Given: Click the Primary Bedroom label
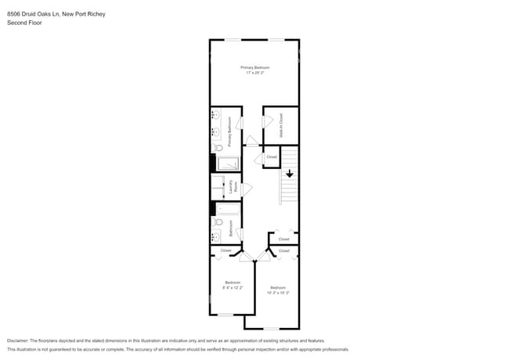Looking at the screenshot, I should point(254,68).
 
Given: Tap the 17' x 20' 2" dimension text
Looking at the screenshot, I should point(254,73).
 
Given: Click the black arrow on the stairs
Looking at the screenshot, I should point(289,174).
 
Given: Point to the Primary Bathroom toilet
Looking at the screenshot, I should point(218,146).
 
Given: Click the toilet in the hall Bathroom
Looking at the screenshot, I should point(218,223).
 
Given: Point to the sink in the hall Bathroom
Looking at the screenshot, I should point(215,236).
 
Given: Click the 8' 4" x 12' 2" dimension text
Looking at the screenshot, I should point(233,287).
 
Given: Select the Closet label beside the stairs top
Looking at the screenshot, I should point(272,157).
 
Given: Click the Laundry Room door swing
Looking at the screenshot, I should point(247,189).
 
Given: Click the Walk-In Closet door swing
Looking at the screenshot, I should point(267,121).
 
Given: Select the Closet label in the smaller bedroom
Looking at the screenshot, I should point(226,250).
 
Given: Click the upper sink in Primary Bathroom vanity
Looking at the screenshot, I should point(215,117).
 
